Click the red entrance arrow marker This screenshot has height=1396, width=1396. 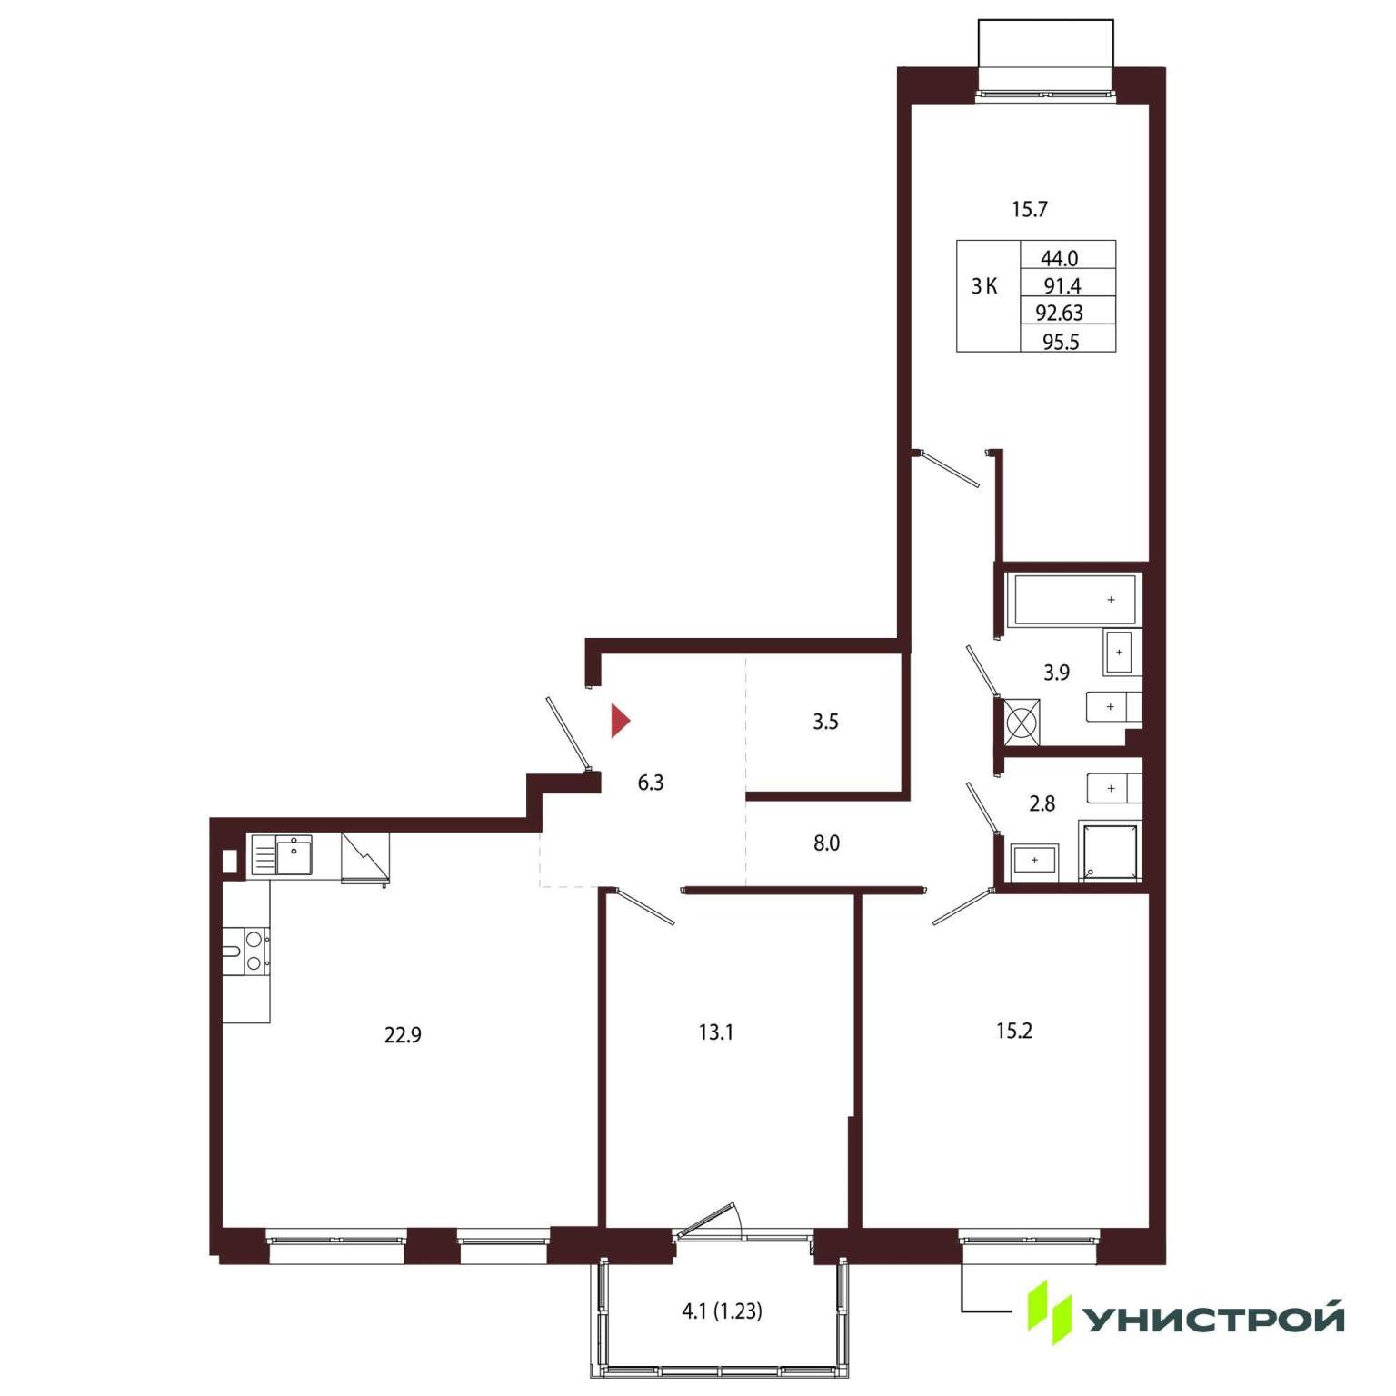coord(619,721)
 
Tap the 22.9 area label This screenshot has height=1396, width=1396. coord(403,1035)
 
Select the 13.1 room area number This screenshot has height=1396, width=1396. coord(716,1032)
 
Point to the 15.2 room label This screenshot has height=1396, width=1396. coord(1014,1031)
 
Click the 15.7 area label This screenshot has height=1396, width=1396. coord(1030,210)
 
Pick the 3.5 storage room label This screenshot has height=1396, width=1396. coord(825,723)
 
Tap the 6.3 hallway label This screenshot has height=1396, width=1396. coord(651,783)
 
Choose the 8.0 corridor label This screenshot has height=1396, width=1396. coord(826,843)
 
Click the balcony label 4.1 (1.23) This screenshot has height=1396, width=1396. coord(722,1311)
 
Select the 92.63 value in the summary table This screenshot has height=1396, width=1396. coord(1060,313)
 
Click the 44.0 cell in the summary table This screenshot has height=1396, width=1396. coord(1060,258)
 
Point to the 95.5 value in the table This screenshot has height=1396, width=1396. coord(1061,342)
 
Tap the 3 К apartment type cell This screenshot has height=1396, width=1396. coord(984,287)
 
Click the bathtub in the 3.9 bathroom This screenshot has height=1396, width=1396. coord(1075,600)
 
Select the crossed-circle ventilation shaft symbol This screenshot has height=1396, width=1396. coord(1022,722)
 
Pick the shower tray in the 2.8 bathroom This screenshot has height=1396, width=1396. coord(1109,851)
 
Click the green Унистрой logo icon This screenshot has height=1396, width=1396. coord(1050,1312)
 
